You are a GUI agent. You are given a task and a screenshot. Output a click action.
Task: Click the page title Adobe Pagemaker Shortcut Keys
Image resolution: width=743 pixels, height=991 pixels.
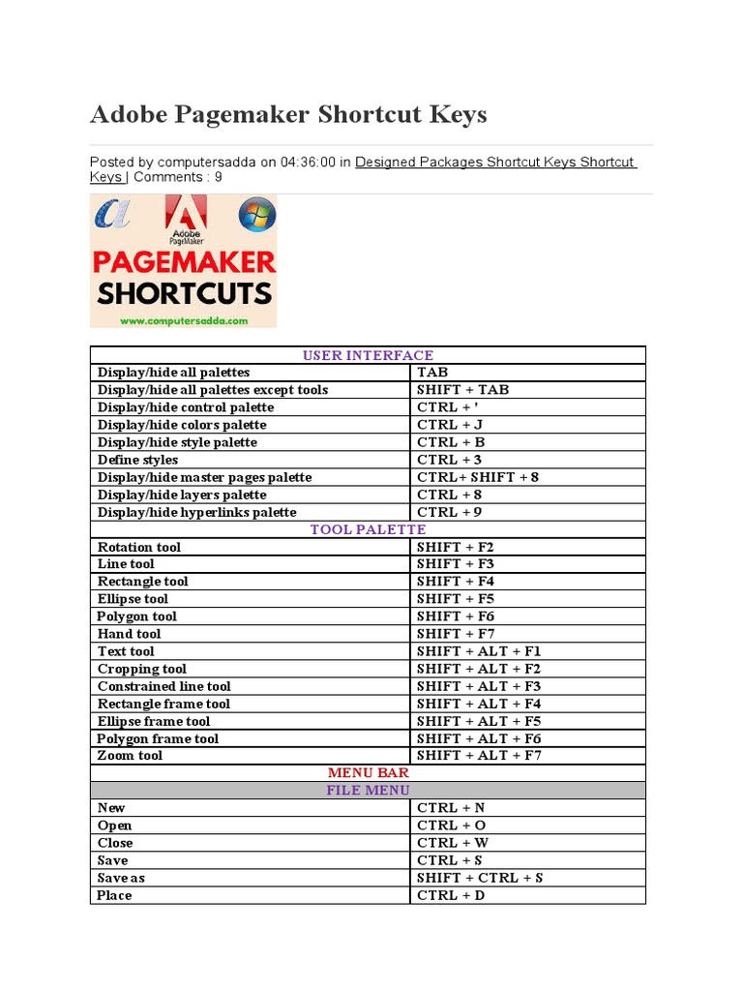pyautogui.click(x=288, y=115)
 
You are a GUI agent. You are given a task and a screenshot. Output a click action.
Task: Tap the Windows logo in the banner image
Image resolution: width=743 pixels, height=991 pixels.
pyautogui.click(x=256, y=215)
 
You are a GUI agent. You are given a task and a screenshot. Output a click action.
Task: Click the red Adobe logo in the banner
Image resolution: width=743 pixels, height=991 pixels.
pyautogui.click(x=186, y=221)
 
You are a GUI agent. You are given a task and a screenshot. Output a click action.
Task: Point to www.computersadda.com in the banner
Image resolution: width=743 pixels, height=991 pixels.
pyautogui.click(x=184, y=319)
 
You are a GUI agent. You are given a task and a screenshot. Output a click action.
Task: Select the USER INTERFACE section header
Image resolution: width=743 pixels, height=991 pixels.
pyautogui.click(x=368, y=355)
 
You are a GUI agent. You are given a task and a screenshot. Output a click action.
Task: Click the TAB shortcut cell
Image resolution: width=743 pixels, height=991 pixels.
pyautogui.click(x=432, y=373)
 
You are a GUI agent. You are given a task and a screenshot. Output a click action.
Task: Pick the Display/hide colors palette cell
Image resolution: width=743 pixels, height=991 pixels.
pyautogui.click(x=182, y=425)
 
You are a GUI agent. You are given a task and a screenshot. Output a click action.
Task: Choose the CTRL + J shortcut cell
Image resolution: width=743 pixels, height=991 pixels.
pyautogui.click(x=450, y=425)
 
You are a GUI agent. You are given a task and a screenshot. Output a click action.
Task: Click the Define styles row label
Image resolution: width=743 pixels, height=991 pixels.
pyautogui.click(x=138, y=460)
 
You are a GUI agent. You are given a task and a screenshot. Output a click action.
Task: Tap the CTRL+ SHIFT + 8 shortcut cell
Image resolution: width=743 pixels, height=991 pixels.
pyautogui.click(x=478, y=477)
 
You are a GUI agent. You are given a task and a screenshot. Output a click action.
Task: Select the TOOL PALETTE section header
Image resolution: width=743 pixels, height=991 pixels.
pyautogui.click(x=368, y=529)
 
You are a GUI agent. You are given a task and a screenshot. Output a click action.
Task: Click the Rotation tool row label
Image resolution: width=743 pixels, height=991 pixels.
pyautogui.click(x=139, y=547)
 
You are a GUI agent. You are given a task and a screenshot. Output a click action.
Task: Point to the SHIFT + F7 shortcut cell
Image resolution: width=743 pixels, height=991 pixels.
pyautogui.click(x=456, y=634)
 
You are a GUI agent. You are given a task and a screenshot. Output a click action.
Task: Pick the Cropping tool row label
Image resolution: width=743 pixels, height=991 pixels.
pyautogui.click(x=142, y=669)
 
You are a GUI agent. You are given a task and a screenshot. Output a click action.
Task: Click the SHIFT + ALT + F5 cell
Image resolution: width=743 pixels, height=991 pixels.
pyautogui.click(x=479, y=721)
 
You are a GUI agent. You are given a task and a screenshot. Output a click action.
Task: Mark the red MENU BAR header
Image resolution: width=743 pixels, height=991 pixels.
pyautogui.click(x=368, y=772)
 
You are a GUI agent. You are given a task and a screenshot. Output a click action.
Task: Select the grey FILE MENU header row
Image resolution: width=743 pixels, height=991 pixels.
pyautogui.click(x=368, y=790)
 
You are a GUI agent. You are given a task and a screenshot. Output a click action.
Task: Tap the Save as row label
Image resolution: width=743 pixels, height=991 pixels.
pyautogui.click(x=121, y=878)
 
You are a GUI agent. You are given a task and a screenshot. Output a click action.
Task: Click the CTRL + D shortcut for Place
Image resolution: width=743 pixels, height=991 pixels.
pyautogui.click(x=452, y=895)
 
